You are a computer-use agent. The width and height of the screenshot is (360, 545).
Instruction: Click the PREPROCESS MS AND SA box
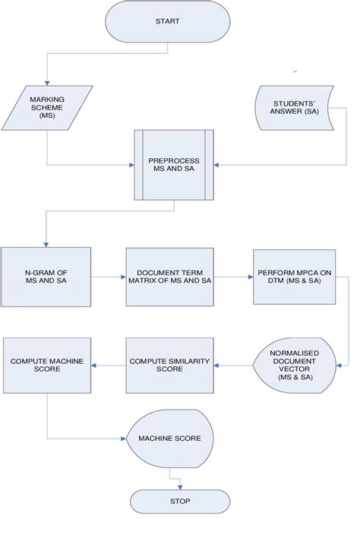(x=173, y=166)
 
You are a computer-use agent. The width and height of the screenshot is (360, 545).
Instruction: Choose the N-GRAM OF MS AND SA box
(x=46, y=277)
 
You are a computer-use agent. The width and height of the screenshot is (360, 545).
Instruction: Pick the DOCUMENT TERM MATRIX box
(x=174, y=277)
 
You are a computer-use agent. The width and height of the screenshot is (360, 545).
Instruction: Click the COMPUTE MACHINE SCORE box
(x=47, y=365)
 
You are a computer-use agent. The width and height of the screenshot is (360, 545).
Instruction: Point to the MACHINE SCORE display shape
(x=169, y=439)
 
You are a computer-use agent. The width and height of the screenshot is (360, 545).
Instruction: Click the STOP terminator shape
(x=179, y=501)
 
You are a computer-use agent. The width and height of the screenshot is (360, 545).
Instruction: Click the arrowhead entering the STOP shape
(x=179, y=486)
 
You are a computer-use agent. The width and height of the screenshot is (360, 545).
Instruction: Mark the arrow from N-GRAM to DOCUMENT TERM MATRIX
(x=109, y=277)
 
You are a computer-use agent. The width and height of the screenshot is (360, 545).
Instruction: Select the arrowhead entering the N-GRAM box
(x=47, y=243)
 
